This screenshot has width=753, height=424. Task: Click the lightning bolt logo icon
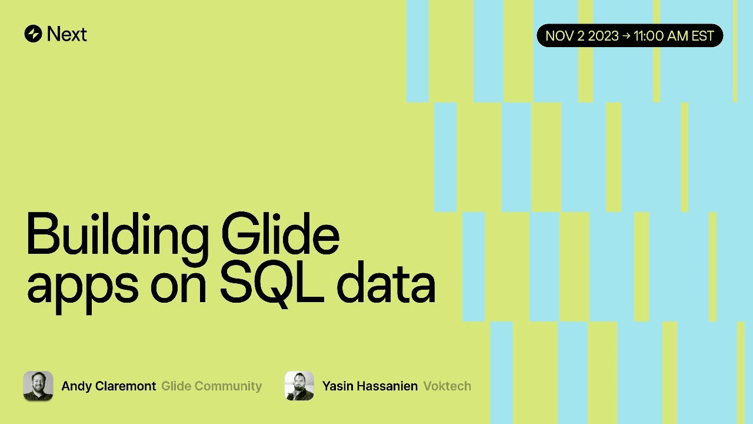[x=33, y=34]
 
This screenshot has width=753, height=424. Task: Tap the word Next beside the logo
[x=67, y=34]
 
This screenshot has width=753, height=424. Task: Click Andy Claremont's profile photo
[x=38, y=386]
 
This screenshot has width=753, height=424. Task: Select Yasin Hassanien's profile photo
[x=299, y=386]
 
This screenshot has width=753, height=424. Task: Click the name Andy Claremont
[x=109, y=386]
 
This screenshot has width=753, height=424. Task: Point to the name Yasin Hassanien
[x=370, y=386]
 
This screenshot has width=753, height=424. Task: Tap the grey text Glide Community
[x=212, y=386]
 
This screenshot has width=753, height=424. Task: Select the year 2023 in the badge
[x=603, y=36]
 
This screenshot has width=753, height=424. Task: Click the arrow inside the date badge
[x=627, y=36]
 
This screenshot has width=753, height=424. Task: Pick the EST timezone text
[x=703, y=36]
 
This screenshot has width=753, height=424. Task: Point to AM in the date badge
[x=678, y=36]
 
